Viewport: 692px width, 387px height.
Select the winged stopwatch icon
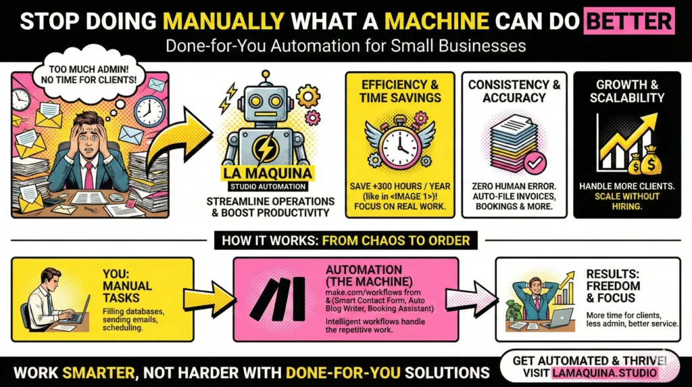tap(399, 142)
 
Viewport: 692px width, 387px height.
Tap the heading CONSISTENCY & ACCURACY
tap(514, 91)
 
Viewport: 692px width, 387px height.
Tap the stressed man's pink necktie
tap(89, 175)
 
